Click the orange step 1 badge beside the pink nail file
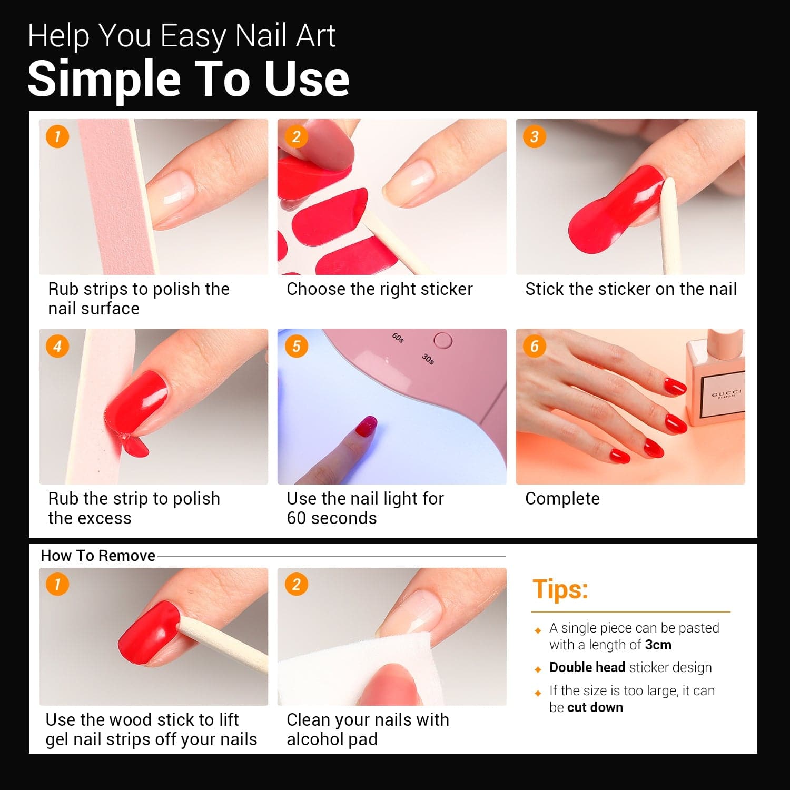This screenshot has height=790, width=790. click(57, 137)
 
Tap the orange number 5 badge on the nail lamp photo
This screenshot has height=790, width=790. click(297, 347)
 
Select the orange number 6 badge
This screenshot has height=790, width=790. click(535, 347)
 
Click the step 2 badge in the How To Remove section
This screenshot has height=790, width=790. click(297, 585)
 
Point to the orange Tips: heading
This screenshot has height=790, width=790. click(560, 589)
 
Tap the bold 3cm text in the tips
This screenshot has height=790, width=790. click(658, 645)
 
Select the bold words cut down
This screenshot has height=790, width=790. click(595, 707)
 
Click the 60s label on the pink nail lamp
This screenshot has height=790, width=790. click(398, 338)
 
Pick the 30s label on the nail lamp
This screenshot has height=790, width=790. click(428, 359)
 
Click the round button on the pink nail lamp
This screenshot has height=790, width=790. click(443, 341)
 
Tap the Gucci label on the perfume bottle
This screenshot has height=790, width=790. click(727, 394)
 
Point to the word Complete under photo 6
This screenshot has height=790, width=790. click(562, 499)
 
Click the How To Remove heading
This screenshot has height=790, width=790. click(98, 556)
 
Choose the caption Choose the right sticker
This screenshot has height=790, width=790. click(380, 289)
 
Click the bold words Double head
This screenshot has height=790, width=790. click(587, 667)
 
